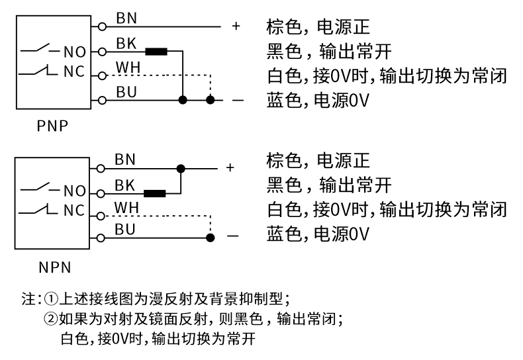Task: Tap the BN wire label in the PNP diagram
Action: (126, 19)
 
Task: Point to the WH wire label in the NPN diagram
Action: (125, 207)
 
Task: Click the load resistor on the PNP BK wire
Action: (156, 51)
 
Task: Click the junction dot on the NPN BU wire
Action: (210, 236)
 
